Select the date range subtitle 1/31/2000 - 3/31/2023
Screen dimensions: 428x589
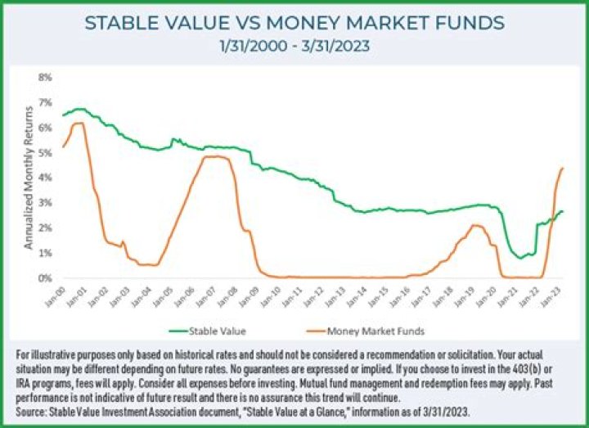pyautogui.click(x=294, y=47)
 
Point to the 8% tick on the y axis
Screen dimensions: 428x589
pyautogui.click(x=46, y=77)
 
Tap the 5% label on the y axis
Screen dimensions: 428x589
pyautogui.click(x=46, y=152)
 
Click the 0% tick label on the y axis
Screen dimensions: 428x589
pyautogui.click(x=46, y=278)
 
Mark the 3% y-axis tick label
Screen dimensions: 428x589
pyautogui.click(x=46, y=203)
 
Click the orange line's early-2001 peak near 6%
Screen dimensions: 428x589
pyautogui.click(x=79, y=124)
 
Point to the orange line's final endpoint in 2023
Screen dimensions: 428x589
pyautogui.click(x=563, y=168)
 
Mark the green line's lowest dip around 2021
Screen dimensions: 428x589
pyautogui.click(x=519, y=258)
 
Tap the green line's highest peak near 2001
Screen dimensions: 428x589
pyautogui.click(x=79, y=108)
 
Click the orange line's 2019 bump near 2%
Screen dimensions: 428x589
pyautogui.click(x=475, y=225)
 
